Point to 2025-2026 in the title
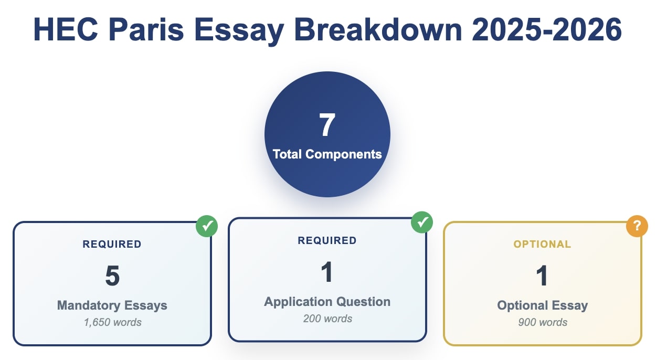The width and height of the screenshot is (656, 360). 547,30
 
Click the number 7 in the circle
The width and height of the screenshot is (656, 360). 327,125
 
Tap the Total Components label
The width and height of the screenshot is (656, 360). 327,154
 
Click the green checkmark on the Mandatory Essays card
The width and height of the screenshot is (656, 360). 207,226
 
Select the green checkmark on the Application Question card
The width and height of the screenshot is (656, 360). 422,223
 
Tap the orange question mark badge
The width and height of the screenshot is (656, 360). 637,226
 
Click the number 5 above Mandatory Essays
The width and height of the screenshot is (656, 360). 112,276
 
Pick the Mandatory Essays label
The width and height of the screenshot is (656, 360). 112,305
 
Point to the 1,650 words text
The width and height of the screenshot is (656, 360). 112,322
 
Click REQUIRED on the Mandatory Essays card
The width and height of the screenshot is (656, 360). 112,244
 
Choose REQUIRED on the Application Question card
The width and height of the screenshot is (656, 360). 327,240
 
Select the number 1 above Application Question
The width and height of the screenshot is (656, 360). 327,272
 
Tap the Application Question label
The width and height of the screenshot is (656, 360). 327,302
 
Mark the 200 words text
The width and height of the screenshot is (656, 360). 327,319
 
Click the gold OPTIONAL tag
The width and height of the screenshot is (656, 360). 542,244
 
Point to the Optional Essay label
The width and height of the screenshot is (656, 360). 542,305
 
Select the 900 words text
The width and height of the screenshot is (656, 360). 542,322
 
